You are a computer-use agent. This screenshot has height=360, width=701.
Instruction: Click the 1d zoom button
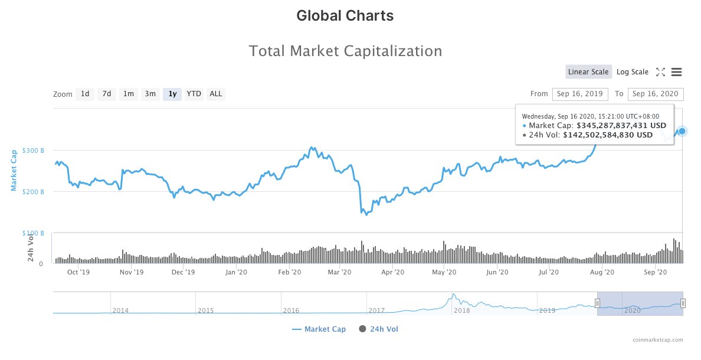[85, 94]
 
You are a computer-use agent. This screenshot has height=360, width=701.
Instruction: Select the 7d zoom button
[107, 94]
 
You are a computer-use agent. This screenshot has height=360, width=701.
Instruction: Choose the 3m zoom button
[150, 94]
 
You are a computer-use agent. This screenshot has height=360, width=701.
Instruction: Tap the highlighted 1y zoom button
[172, 94]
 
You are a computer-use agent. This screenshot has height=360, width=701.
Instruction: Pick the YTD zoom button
[194, 94]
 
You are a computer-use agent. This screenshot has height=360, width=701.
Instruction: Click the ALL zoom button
[216, 94]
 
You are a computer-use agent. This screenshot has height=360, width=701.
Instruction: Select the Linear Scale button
[588, 72]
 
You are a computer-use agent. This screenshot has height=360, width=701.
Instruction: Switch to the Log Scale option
[633, 72]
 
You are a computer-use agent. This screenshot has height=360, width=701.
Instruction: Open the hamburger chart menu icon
[677, 72]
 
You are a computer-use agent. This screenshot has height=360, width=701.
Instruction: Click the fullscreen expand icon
[660, 72]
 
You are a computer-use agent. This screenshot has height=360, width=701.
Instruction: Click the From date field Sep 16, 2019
[580, 94]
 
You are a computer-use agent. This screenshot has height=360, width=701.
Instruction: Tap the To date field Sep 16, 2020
[656, 94]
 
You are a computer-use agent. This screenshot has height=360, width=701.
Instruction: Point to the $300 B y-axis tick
[33, 150]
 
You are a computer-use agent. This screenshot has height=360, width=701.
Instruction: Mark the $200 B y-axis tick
[33, 192]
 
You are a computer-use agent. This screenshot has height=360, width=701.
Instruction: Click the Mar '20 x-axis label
[339, 272]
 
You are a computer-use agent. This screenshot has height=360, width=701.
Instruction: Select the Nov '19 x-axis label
[132, 272]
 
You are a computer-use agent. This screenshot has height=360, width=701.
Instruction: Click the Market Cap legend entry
[319, 329]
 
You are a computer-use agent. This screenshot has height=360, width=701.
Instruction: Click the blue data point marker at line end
[682, 131]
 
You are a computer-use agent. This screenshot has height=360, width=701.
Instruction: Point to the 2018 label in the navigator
[461, 310]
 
